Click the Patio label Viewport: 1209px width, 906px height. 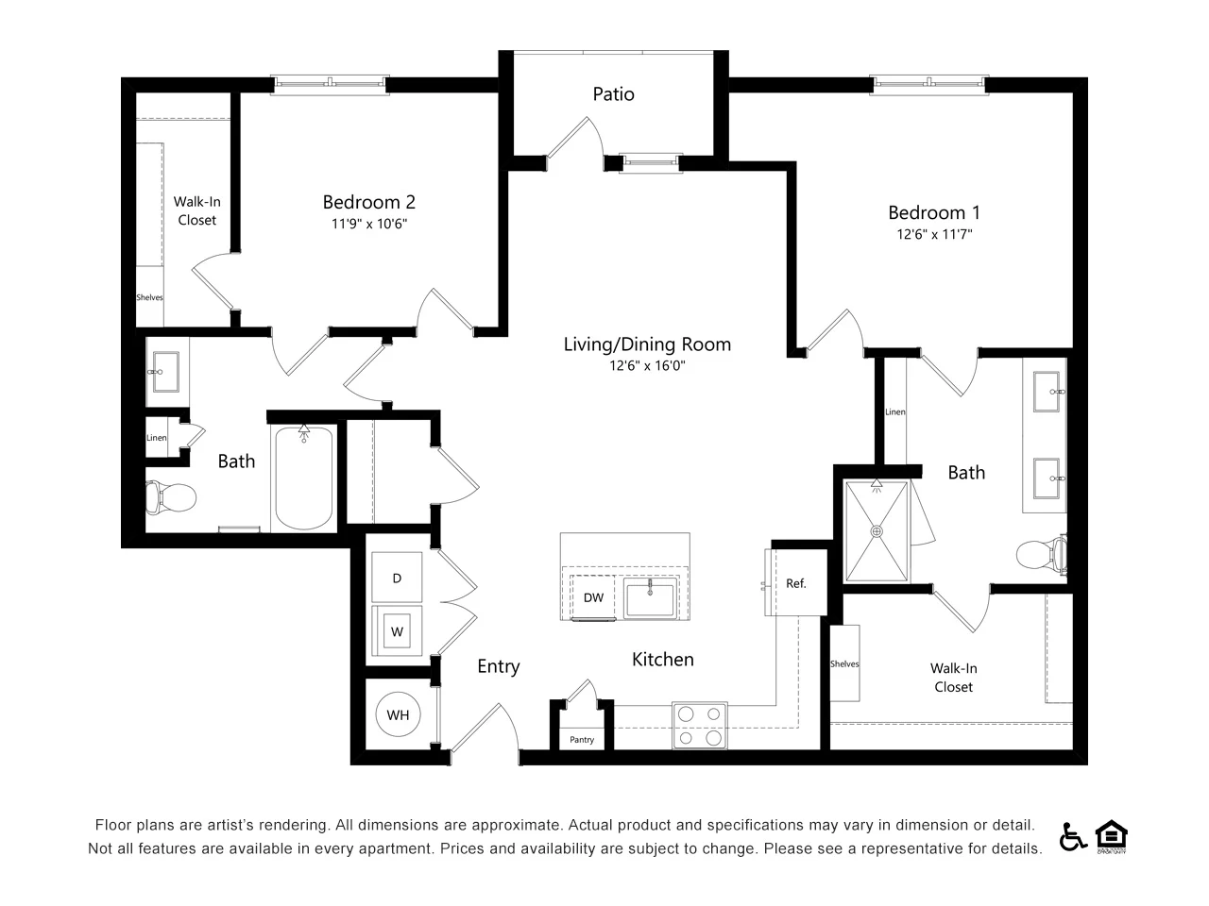click(x=613, y=94)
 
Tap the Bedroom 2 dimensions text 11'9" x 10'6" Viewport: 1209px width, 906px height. click(x=368, y=224)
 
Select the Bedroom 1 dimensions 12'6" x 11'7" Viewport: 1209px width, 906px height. click(x=934, y=234)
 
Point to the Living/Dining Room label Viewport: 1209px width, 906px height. click(x=647, y=344)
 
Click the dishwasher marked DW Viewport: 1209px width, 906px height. click(x=593, y=597)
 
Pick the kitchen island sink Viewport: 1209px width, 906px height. click(x=650, y=599)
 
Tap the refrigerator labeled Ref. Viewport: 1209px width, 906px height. click(x=796, y=583)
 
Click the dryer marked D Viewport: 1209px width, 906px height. click(x=397, y=578)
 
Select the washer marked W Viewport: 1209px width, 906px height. click(x=397, y=631)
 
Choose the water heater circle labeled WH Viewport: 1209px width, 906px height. click(x=398, y=714)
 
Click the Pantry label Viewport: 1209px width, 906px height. click(x=582, y=740)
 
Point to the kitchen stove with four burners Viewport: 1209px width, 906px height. click(x=700, y=726)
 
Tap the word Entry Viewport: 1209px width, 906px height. click(x=498, y=666)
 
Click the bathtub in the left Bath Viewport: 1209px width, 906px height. click(x=303, y=478)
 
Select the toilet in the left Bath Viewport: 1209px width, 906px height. click(x=171, y=496)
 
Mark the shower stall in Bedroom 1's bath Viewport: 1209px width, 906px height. click(x=877, y=532)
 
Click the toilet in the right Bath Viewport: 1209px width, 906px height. click(x=1043, y=555)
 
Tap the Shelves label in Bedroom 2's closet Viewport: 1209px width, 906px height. click(x=149, y=297)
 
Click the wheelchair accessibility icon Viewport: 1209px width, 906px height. click(x=1073, y=836)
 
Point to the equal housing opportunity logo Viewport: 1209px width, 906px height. click(x=1112, y=836)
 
